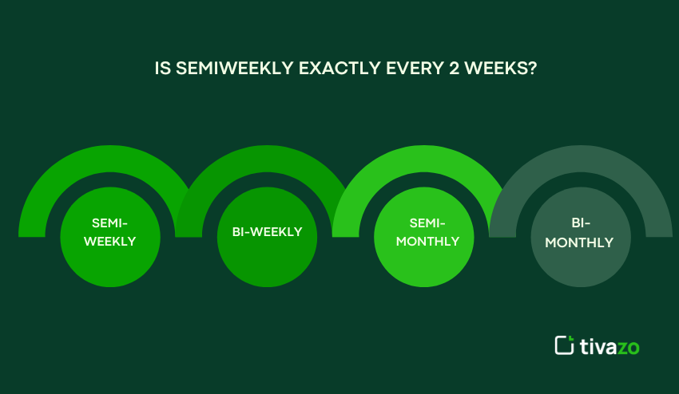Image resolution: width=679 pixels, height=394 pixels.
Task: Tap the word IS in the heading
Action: tap(162, 69)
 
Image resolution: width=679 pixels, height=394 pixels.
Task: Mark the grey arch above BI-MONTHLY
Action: tap(581, 160)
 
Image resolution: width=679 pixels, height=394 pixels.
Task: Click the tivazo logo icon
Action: tap(564, 345)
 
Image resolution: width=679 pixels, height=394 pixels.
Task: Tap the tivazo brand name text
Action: tap(610, 346)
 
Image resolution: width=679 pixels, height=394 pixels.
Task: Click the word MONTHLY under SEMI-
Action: tap(427, 241)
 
